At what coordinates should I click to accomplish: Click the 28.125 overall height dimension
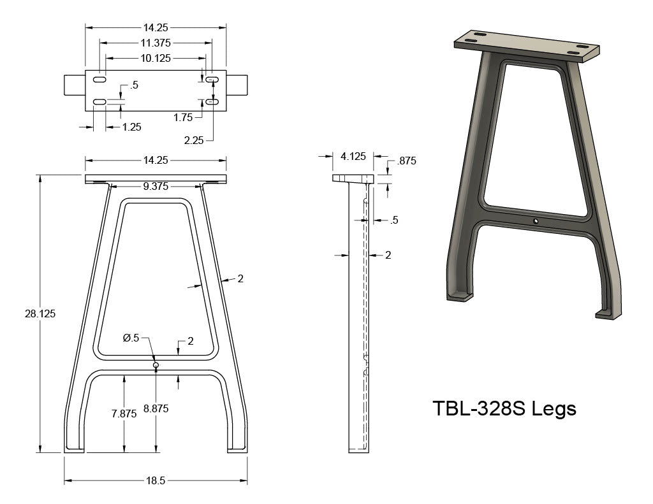tap(40, 313)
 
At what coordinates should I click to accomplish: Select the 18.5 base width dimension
tap(156, 480)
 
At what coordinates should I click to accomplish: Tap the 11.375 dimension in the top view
tap(156, 43)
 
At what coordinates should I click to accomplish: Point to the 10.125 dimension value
tap(156, 58)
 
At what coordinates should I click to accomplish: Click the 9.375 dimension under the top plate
tap(156, 186)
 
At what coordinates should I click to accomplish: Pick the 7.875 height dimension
tap(124, 414)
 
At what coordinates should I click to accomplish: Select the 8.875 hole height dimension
tap(156, 408)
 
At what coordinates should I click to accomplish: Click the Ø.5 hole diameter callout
tap(131, 338)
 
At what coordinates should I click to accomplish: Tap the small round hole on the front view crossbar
tap(156, 365)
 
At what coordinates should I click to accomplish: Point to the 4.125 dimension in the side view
tap(353, 156)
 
